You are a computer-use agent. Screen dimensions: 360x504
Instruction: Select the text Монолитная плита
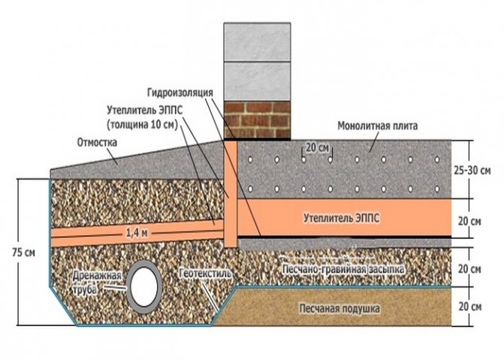379,126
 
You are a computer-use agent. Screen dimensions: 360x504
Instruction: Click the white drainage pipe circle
145,285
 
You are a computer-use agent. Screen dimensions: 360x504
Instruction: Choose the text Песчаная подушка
340,308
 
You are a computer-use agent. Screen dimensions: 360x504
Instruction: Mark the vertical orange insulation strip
231,192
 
